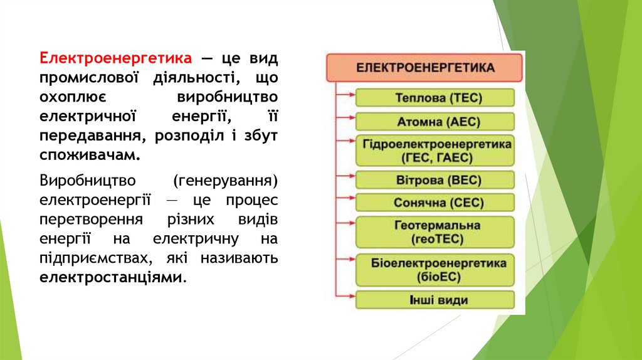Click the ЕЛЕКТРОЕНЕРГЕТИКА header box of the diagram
[x=424, y=67]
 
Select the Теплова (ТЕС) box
[x=435, y=98]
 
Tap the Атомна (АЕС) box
[x=435, y=121]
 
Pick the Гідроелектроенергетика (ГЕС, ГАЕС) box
[x=435, y=151]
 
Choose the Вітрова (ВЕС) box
[x=435, y=181]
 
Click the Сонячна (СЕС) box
[x=435, y=203]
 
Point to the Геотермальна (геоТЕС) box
[x=435, y=232]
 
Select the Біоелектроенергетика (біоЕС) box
[x=435, y=269]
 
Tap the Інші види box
[x=435, y=300]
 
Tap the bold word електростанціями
[x=113, y=277]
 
